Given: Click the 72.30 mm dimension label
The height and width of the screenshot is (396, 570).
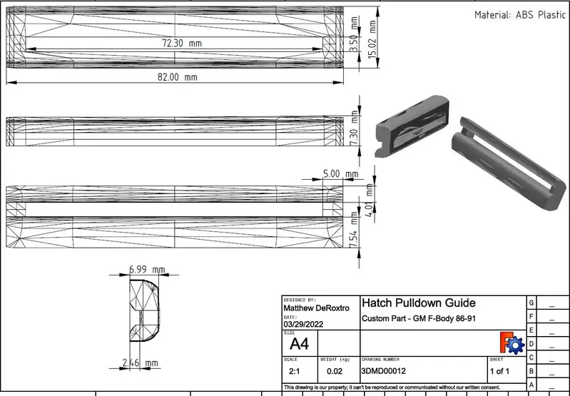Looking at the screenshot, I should pyautogui.click(x=182, y=44).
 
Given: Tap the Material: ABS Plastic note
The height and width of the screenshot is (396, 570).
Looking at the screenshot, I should pyautogui.click(x=521, y=15).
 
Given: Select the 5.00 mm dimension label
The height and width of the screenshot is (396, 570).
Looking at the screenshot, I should pyautogui.click(x=340, y=173).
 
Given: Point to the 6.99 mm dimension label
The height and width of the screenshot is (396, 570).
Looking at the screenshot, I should pyautogui.click(x=147, y=270).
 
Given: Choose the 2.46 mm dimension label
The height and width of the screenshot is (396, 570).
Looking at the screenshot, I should pyautogui.click(x=140, y=363).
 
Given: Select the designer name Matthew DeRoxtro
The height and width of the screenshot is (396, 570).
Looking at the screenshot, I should pyautogui.click(x=317, y=308).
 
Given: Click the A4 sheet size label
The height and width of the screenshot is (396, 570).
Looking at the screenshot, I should pyautogui.click(x=300, y=344).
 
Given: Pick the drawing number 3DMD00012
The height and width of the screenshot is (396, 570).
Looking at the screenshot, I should pyautogui.click(x=384, y=372).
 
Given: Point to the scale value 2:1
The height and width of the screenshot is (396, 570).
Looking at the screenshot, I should pyautogui.click(x=293, y=372).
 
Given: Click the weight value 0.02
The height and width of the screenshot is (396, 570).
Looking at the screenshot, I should pyautogui.click(x=334, y=372).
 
